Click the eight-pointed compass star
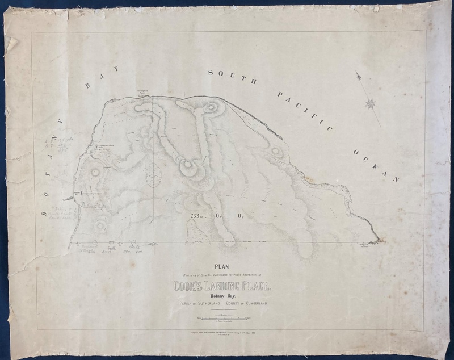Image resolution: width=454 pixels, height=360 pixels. pyautogui.click(x=371, y=104)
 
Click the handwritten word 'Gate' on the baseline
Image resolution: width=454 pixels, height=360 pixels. pyautogui.click(x=137, y=248)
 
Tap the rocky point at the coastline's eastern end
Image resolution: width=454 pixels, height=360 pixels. pyautogui.click(x=377, y=241)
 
